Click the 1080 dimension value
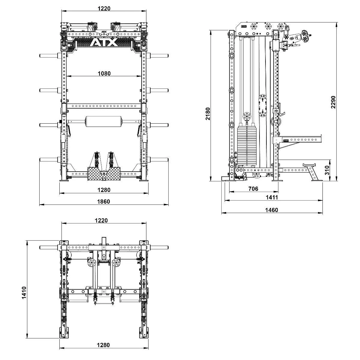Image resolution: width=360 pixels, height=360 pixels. pos(104,73)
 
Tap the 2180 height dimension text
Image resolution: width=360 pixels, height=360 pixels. pos(208,114)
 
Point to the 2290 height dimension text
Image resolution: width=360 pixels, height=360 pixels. pos(333,102)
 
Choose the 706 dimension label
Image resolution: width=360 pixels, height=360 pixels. pos(253,188)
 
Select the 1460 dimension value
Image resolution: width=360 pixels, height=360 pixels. pos(271,210)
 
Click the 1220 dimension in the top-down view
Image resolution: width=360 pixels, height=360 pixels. pos(101,220)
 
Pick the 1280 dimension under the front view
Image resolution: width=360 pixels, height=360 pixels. pos(104,190)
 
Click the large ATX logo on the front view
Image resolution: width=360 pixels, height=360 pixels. pos(103,42)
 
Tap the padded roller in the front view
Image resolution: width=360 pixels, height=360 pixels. pos(104,122)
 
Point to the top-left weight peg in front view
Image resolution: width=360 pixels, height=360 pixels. pos(50,55)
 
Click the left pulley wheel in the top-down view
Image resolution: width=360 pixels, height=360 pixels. pos(92,263)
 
